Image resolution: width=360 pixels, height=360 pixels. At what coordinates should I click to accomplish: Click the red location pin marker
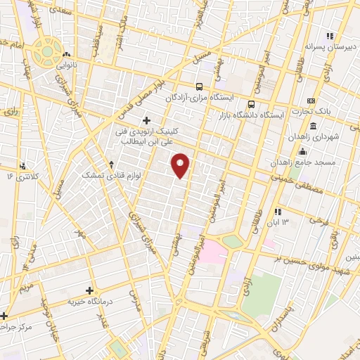pos(181,165)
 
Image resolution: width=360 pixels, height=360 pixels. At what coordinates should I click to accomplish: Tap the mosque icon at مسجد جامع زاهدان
pos(302,151)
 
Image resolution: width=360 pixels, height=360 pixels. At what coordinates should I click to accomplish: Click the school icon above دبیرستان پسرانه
pos(329,36)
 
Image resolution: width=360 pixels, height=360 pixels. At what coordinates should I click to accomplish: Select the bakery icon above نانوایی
pos(67,53)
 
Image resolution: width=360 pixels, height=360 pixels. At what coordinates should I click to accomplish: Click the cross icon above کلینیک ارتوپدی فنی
pos(146,120)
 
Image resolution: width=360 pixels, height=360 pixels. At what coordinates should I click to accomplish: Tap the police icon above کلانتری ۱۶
pos(24,165)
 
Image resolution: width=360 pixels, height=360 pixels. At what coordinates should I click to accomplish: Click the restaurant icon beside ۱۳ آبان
pos(278,211)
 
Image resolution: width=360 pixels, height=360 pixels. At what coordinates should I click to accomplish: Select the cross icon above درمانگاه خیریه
pos(89,290)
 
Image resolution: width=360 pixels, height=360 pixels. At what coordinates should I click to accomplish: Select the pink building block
pos(213,250)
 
